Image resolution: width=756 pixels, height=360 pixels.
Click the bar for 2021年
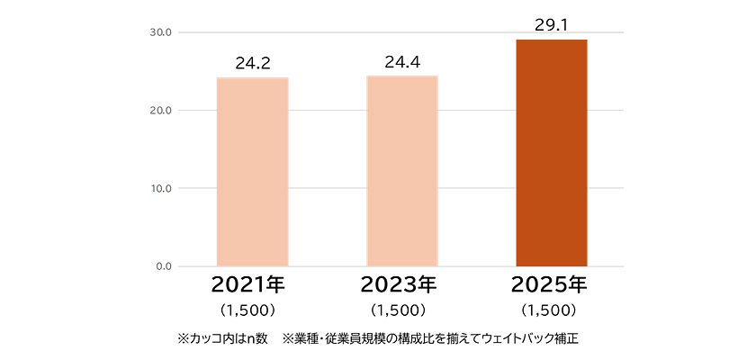point(252,172)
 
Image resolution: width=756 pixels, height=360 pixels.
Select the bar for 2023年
point(401,171)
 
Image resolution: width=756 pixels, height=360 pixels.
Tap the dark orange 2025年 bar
point(551,153)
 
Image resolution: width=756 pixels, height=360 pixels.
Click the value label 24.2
point(252,64)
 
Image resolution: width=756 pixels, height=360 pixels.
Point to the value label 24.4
point(401,62)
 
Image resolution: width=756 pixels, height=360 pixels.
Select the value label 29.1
point(551,25)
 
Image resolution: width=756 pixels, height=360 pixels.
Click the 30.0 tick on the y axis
point(163,32)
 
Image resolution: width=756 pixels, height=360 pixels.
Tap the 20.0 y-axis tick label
point(163,111)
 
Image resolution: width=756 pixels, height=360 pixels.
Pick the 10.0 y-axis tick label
point(163,189)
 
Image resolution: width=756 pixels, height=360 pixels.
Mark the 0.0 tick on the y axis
point(166,266)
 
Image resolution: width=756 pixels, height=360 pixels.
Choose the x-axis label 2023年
point(398,285)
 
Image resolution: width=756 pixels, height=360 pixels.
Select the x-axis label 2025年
point(548,285)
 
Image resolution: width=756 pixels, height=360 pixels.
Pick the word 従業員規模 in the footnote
point(362,339)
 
